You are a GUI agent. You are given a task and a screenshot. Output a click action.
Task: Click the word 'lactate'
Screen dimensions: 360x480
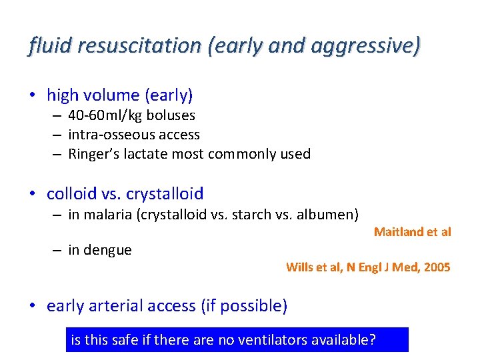tap(146, 154)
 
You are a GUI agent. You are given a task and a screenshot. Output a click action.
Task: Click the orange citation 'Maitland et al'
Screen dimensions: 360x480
tap(412, 232)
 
